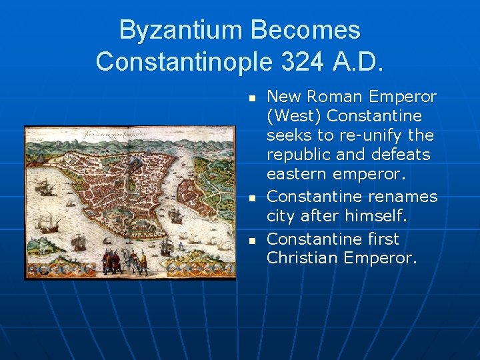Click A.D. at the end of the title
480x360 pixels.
pyautogui.click(x=358, y=61)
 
